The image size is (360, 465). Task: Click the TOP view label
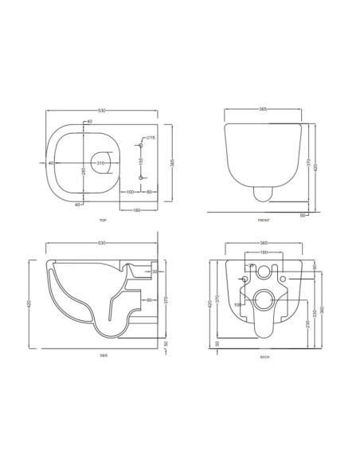[103, 219]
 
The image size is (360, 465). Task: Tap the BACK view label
[264, 358]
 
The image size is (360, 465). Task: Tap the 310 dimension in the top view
[101, 163]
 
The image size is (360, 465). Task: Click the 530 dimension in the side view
[102, 244]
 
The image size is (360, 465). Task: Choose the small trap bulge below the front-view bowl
[262, 192]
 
